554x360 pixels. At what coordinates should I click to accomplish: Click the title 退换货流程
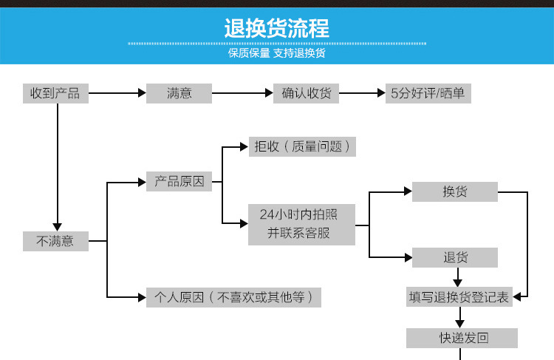tap(277, 29)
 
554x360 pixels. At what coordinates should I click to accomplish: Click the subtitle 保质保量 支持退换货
tap(277, 54)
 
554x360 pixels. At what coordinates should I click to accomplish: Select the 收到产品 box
tap(55, 94)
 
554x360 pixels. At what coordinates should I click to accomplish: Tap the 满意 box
tap(179, 94)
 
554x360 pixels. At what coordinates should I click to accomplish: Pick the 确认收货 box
tap(306, 94)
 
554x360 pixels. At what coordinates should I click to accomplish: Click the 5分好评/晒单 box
tap(429, 94)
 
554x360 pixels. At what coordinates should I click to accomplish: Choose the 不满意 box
tap(55, 241)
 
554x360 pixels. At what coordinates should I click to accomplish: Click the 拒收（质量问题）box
tap(303, 146)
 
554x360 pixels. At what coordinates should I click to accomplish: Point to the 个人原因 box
tap(233, 297)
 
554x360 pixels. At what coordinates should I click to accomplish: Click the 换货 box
tap(455, 192)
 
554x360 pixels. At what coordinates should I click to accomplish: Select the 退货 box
tap(455, 257)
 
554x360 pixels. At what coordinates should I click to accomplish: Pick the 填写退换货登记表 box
tap(459, 297)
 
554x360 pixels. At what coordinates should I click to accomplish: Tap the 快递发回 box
tap(462, 339)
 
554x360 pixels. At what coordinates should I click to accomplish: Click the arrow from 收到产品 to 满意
tap(117, 94)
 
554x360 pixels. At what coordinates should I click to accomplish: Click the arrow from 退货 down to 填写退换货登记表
tap(458, 277)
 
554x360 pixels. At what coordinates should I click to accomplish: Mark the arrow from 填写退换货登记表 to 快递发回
tap(461, 318)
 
